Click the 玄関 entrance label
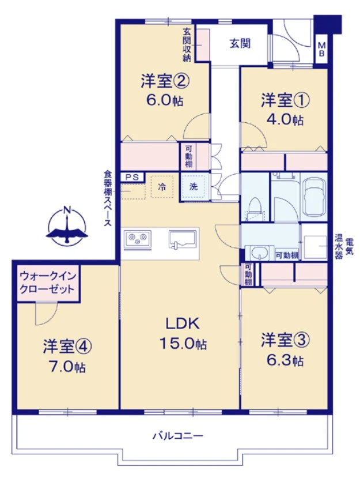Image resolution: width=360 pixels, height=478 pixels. click(x=240, y=44)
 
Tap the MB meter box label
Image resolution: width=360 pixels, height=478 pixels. click(x=321, y=50)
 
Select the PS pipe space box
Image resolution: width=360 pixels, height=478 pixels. click(x=132, y=177)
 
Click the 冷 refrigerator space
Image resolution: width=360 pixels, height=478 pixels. click(x=162, y=187)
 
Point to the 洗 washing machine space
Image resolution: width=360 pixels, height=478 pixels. click(x=194, y=187)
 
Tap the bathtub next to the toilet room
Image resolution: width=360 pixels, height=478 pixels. click(x=314, y=197)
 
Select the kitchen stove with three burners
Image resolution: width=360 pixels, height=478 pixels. click(x=137, y=239)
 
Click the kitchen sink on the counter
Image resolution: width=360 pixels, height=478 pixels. click(x=182, y=239)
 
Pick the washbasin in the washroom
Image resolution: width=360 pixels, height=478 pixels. click(x=260, y=252)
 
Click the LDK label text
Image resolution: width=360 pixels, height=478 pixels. click(x=183, y=323)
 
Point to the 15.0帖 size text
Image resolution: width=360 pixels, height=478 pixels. click(x=183, y=344)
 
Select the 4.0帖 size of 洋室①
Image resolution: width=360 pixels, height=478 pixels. click(x=285, y=120)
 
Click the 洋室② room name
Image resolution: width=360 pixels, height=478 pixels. click(x=165, y=82)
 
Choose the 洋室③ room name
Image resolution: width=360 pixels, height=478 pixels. click(x=285, y=340)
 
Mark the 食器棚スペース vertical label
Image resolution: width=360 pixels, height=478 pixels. click(x=108, y=198)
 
